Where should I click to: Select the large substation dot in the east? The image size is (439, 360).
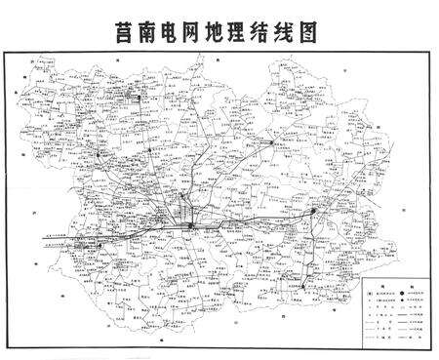tap(312, 210)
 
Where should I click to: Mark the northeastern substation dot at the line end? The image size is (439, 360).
tap(272, 141)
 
